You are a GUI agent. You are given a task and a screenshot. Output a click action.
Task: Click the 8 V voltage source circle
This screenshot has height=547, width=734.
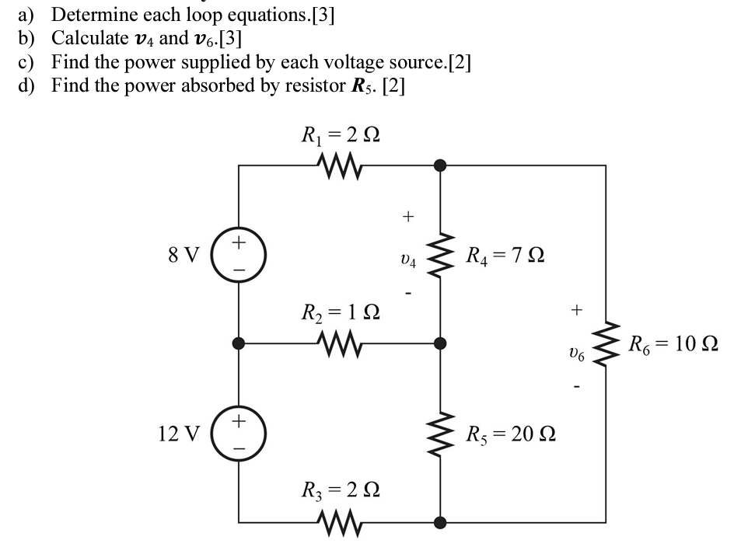coord(239,254)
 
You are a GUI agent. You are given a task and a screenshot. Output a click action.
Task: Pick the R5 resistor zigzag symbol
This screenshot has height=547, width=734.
coord(440,432)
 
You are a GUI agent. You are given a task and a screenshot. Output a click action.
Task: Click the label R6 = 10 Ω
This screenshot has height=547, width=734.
coord(673,343)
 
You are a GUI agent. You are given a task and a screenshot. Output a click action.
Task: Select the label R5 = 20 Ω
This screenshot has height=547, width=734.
coord(510,433)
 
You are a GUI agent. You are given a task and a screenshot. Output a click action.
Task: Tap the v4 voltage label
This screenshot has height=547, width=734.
coord(407,262)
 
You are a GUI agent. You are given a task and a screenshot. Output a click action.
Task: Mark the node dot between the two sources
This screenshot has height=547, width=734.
coord(239,342)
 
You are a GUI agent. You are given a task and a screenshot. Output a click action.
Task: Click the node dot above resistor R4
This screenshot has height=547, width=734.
coord(440,165)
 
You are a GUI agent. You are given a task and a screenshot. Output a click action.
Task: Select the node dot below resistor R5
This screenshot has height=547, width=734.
coord(440,521)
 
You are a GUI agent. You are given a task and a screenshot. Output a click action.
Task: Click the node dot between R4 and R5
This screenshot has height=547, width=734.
coord(440,342)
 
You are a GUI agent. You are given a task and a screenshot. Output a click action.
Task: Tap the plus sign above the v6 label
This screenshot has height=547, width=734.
coord(576,310)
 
